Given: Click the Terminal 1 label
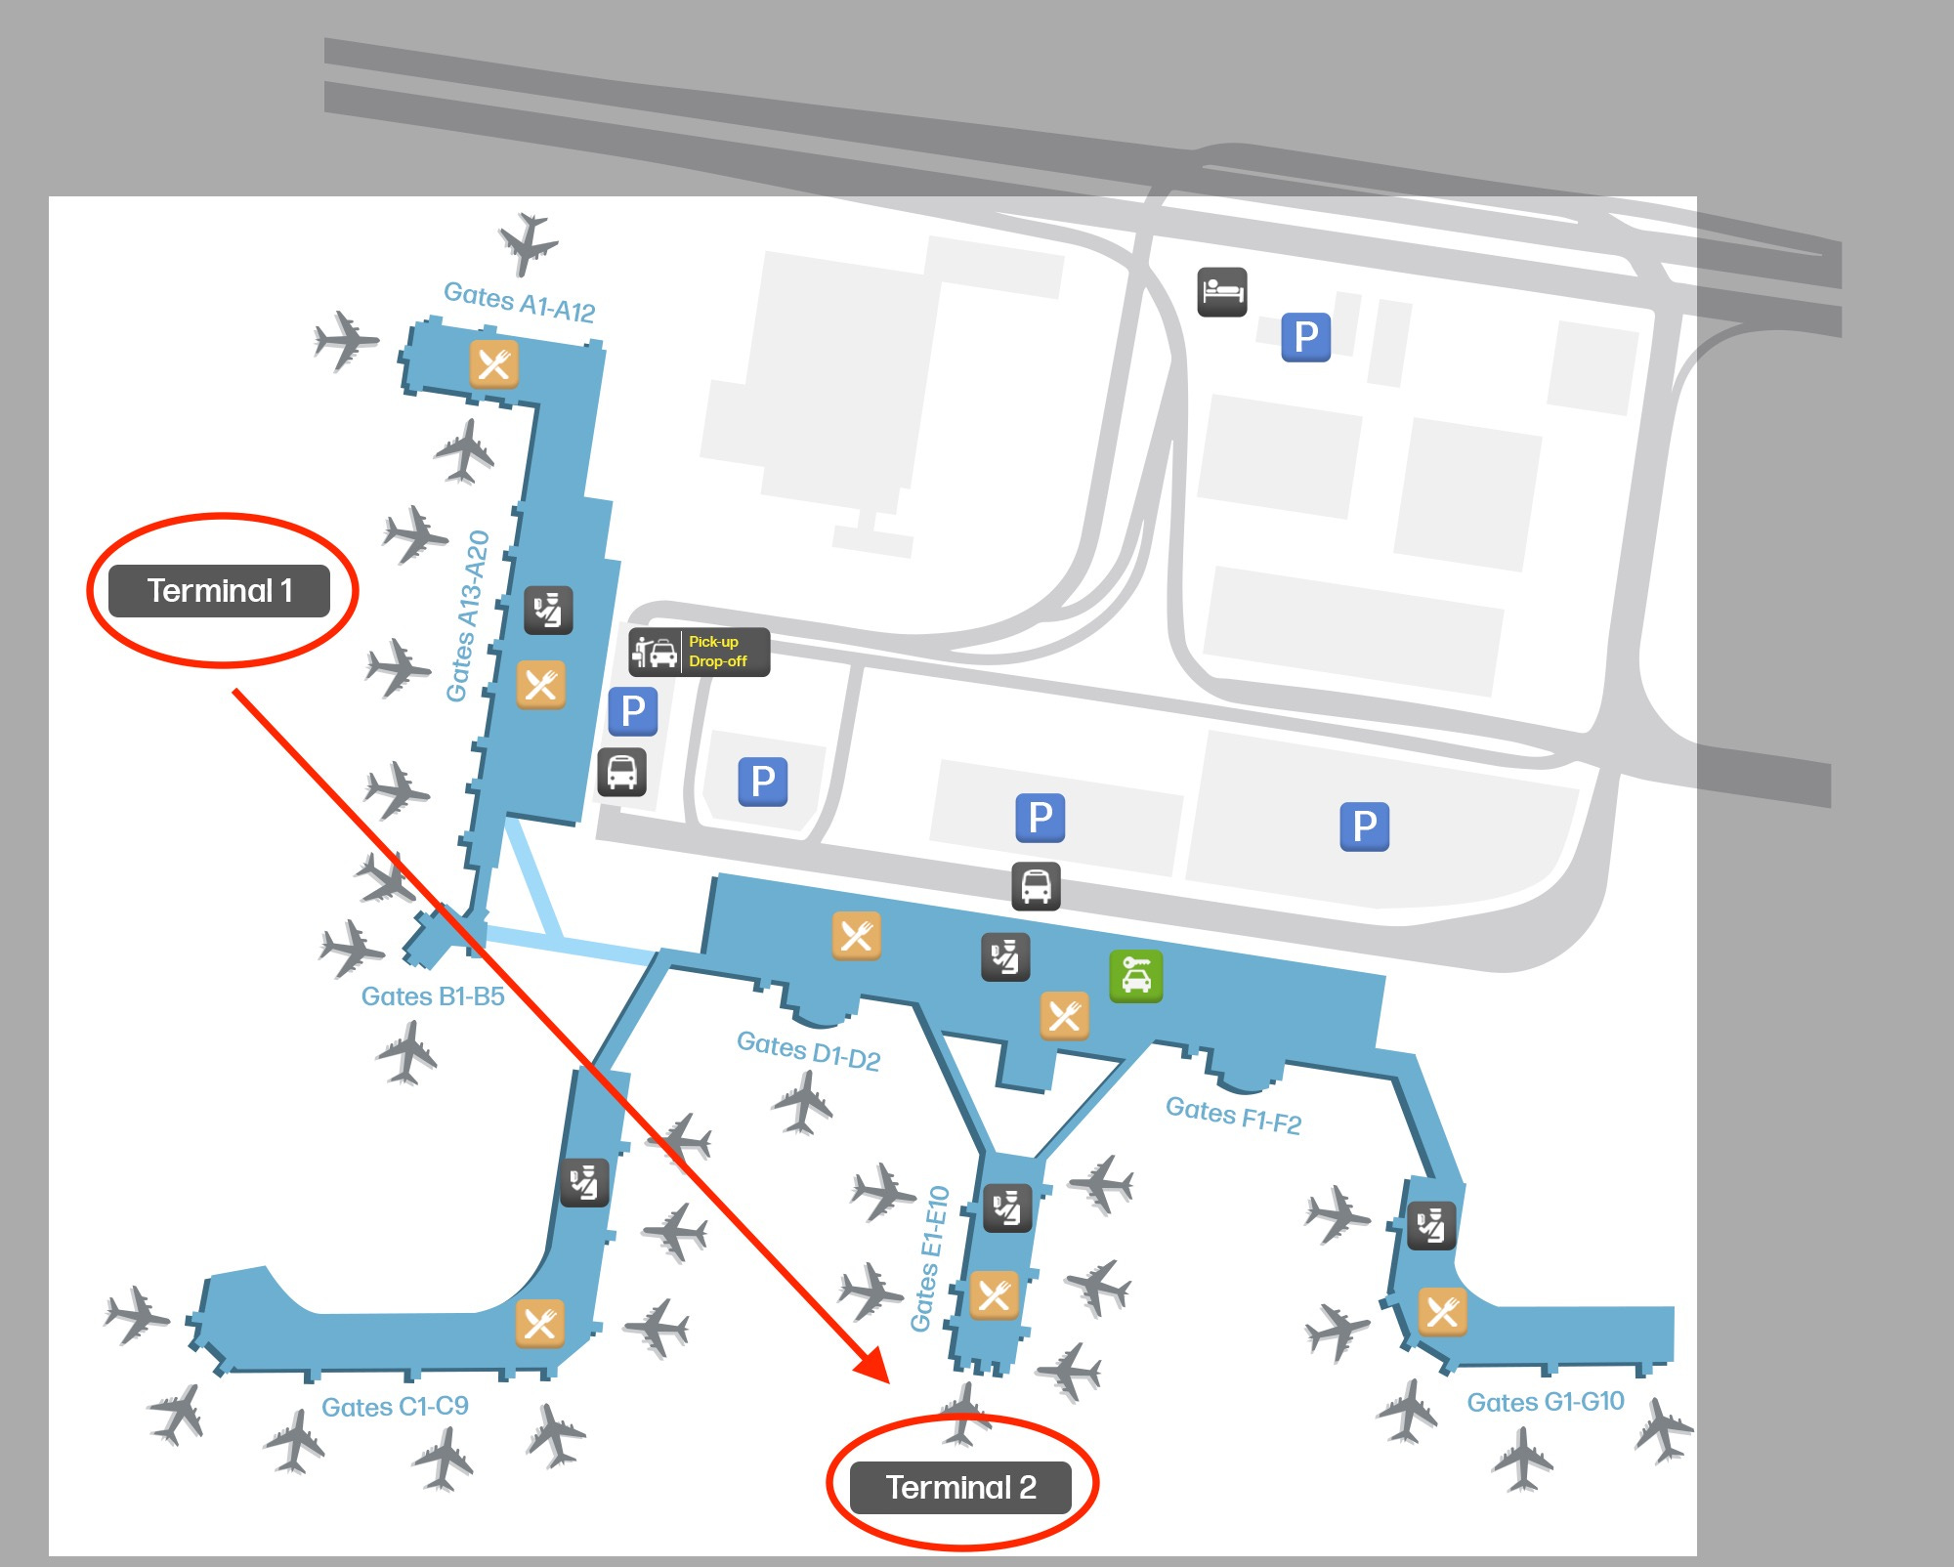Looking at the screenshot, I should tap(219, 591).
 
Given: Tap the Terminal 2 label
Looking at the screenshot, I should tap(961, 1487).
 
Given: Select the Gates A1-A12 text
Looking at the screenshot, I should tap(519, 302).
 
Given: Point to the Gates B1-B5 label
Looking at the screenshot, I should tap(433, 996).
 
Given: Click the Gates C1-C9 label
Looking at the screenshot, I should tap(395, 1407).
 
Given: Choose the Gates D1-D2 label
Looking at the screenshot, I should tap(808, 1051).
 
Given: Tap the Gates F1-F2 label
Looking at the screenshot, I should tap(1233, 1115).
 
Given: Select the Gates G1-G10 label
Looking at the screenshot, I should tap(1545, 1402).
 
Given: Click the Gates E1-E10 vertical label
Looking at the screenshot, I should tap(930, 1258).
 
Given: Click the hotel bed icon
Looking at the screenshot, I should tap(1222, 291).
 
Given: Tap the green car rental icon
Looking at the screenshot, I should tap(1135, 976).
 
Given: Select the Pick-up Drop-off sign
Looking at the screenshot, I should tap(700, 652).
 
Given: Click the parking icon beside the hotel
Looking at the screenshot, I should tap(1305, 337).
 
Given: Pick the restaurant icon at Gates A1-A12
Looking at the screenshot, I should tap(494, 364).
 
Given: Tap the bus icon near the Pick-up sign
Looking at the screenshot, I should tap(622, 772).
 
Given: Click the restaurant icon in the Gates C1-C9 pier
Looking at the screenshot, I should tap(540, 1324).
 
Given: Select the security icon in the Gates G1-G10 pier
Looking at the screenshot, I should tap(1431, 1224).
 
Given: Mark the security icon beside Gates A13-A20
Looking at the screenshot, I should tap(548, 610).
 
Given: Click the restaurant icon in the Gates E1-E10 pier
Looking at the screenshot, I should tap(994, 1295).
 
